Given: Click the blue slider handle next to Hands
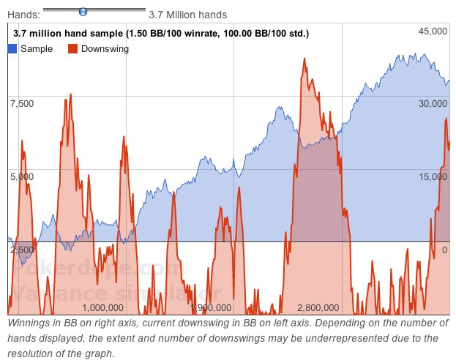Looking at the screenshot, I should [83, 12].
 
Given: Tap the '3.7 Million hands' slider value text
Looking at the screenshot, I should [187, 15].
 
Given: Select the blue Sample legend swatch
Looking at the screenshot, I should [12, 49].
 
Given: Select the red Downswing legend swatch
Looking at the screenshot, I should [73, 49].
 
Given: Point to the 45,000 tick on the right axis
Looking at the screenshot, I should [432, 31].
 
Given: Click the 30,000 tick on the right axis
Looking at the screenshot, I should [432, 103].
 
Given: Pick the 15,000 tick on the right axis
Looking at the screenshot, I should [432, 176].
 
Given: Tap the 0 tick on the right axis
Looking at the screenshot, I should [444, 250].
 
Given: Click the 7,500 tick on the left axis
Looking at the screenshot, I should [21, 103].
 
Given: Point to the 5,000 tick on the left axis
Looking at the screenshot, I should [21, 176].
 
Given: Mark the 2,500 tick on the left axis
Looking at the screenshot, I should [21, 250].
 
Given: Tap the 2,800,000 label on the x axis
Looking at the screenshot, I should [318, 308].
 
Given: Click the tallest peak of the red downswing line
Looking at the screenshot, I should [304, 59].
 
